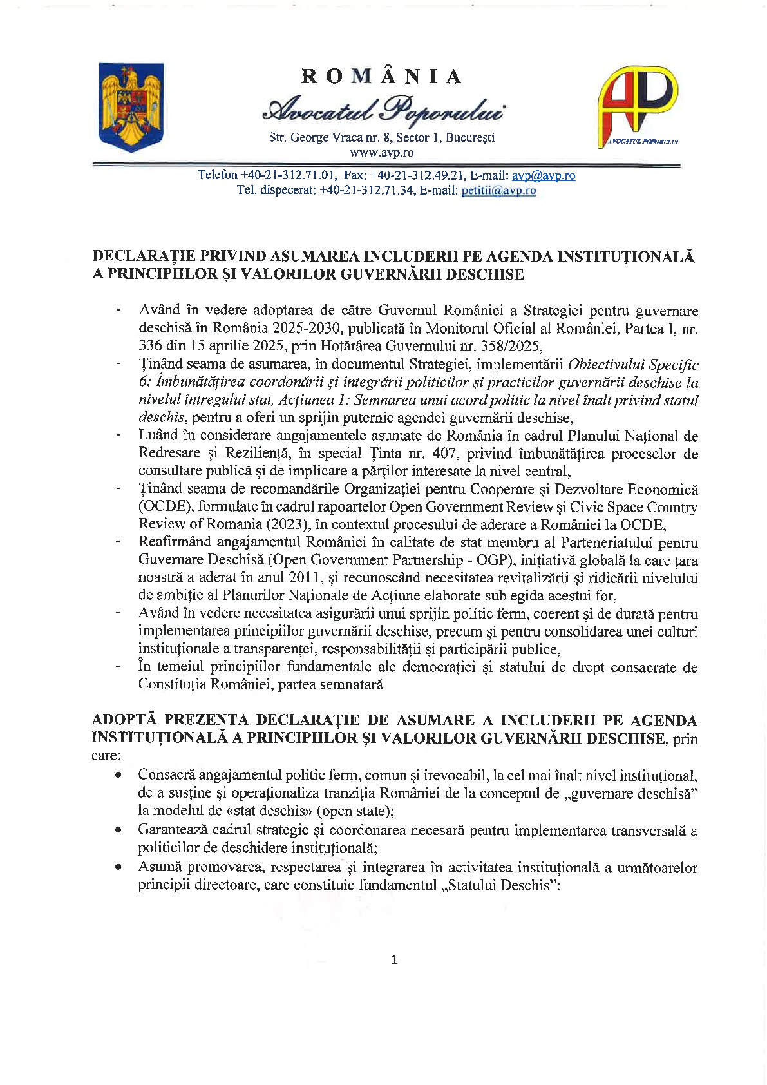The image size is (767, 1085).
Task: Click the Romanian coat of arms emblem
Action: coord(131,107)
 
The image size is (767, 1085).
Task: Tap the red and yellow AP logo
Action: coord(638,103)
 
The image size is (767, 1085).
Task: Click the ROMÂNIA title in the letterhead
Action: coord(382,77)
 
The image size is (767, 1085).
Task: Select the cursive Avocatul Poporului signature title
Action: coord(383,110)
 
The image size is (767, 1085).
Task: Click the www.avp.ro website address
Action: coord(382,153)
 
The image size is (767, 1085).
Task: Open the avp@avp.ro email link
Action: coord(544,175)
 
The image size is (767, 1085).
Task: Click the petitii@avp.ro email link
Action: coord(498,191)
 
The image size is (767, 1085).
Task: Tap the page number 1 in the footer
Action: coord(394,959)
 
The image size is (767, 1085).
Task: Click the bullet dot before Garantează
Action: coord(118,831)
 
